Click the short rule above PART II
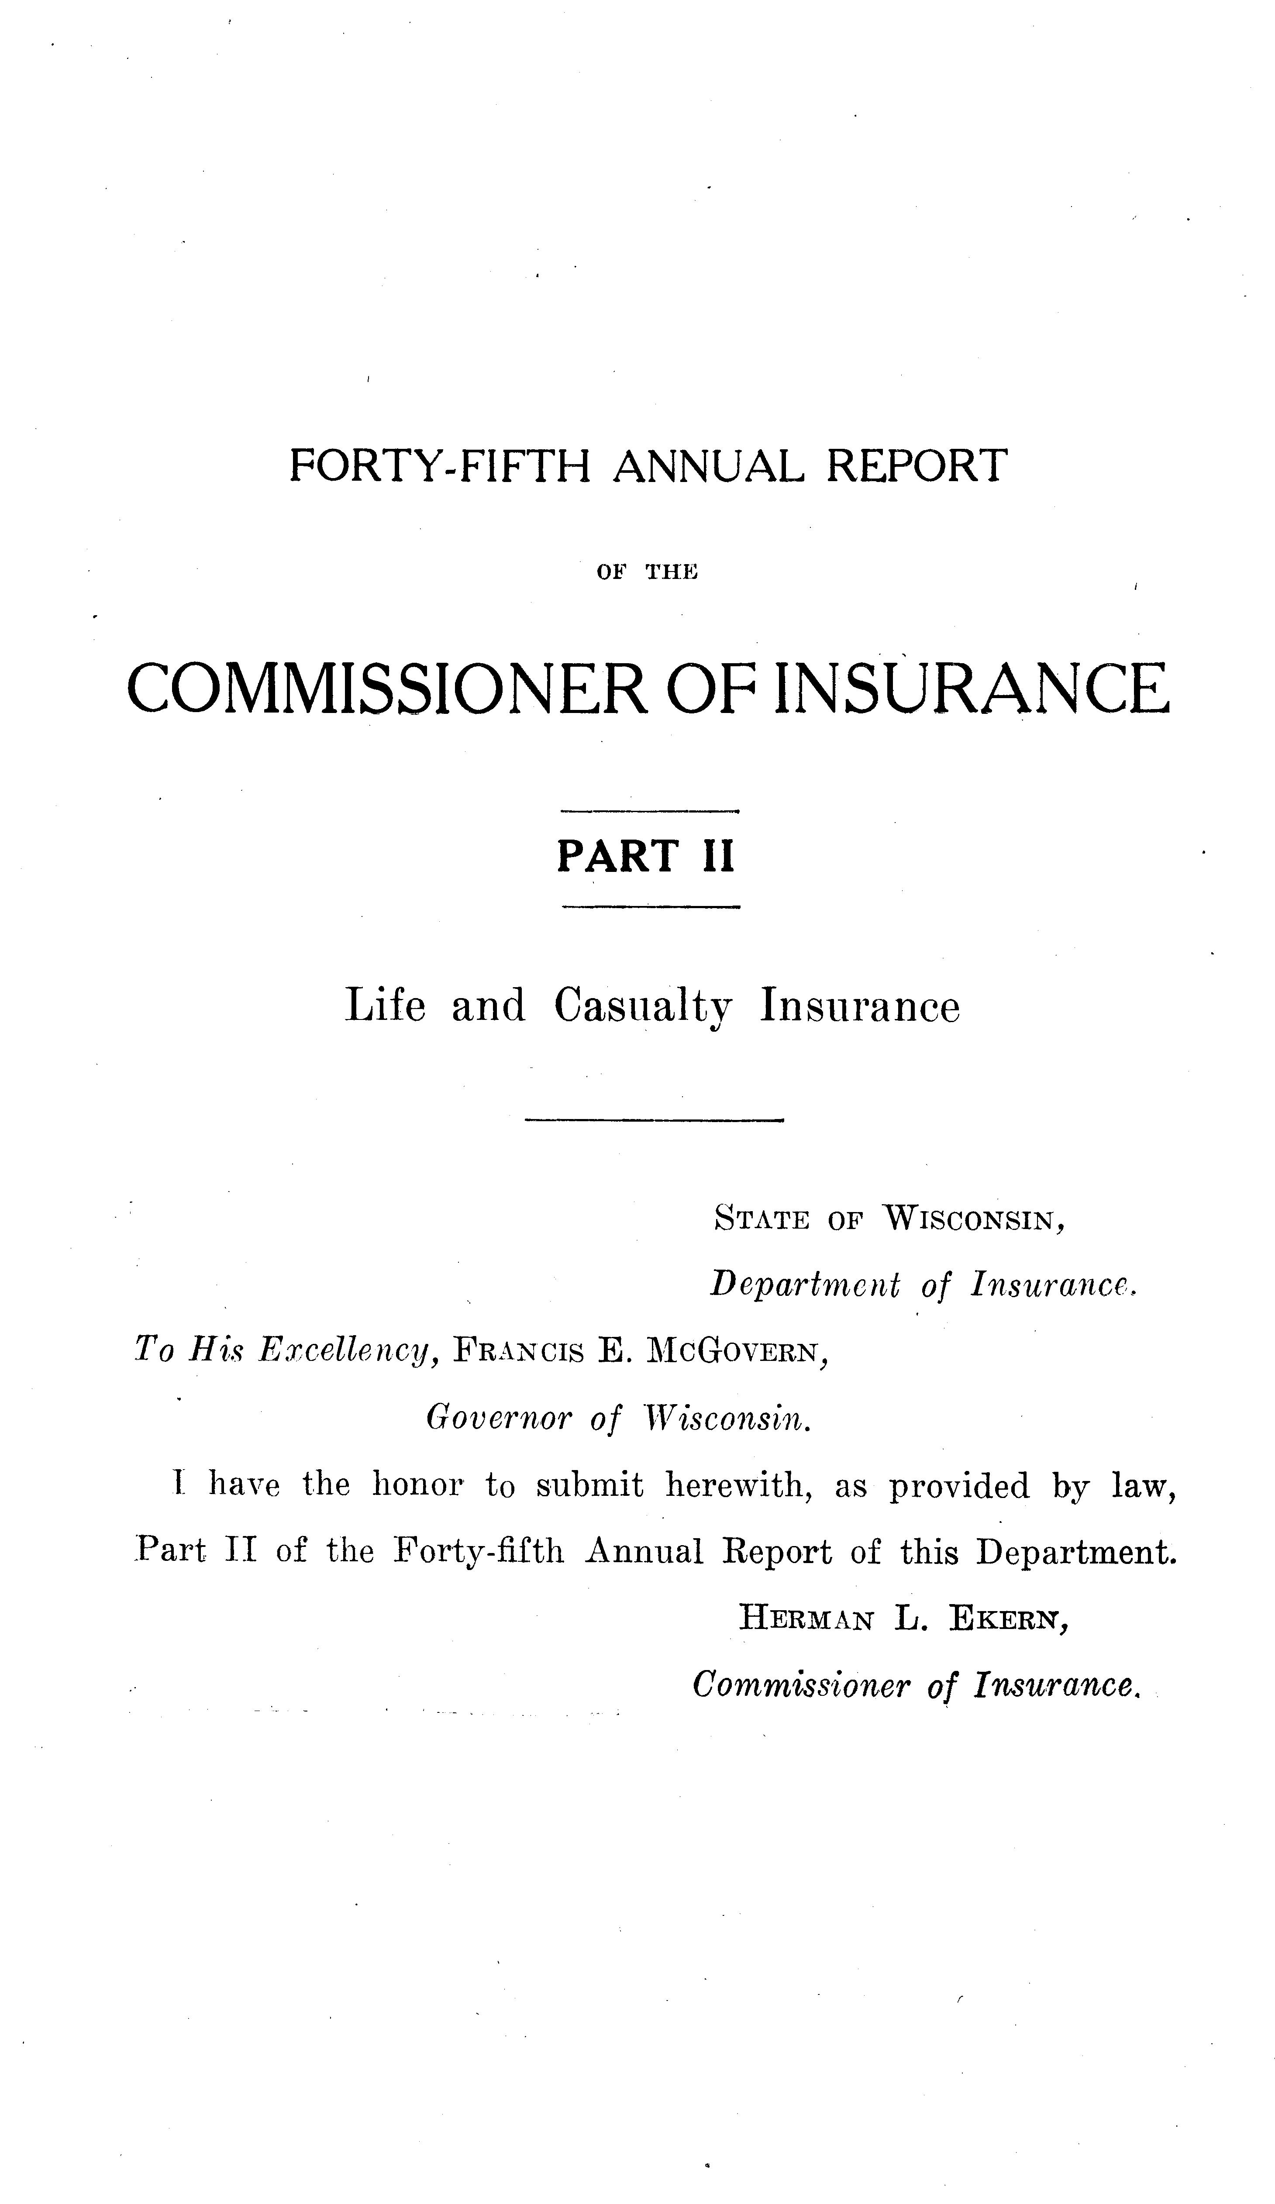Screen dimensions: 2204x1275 point(650,812)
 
